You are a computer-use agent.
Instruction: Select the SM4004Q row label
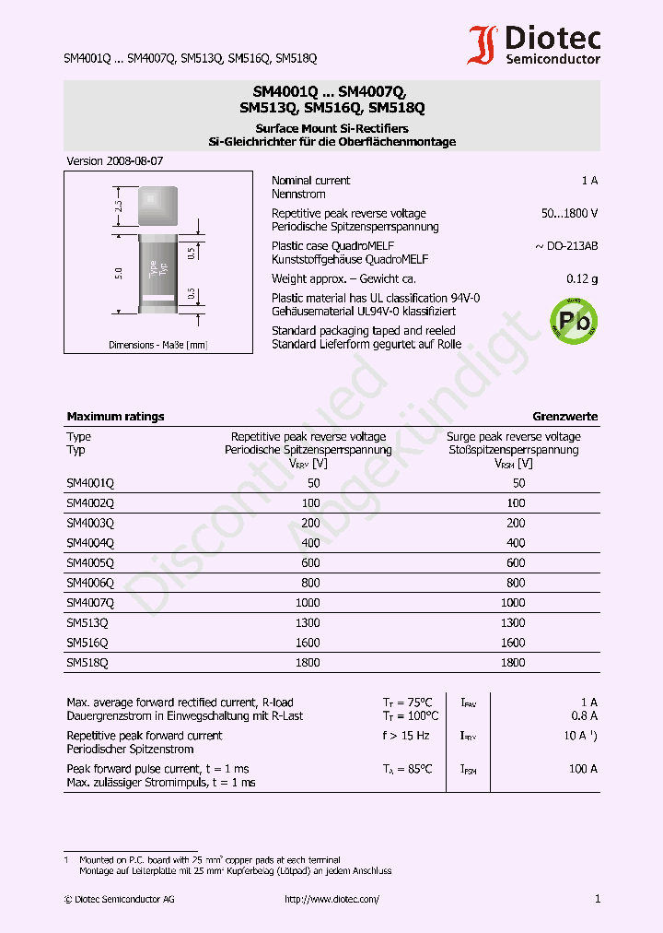tap(90, 542)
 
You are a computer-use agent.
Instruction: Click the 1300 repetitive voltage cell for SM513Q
tap(308, 622)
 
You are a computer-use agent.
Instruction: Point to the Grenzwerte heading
tap(564, 417)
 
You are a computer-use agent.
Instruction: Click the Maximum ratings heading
tap(115, 417)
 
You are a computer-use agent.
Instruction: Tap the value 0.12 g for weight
tap(581, 278)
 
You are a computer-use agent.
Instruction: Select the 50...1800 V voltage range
tap(569, 213)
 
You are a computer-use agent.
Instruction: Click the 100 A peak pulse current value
tap(583, 769)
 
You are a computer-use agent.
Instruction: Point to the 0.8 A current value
tap(583, 715)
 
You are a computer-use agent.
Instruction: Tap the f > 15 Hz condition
tap(406, 736)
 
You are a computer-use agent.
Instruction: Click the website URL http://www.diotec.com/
tap(331, 899)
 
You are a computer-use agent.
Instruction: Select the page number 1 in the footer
tap(598, 899)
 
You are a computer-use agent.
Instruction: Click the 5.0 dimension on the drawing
tap(119, 273)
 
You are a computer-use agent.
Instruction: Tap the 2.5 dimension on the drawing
tap(119, 206)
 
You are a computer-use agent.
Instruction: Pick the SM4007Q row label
tap(90, 602)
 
